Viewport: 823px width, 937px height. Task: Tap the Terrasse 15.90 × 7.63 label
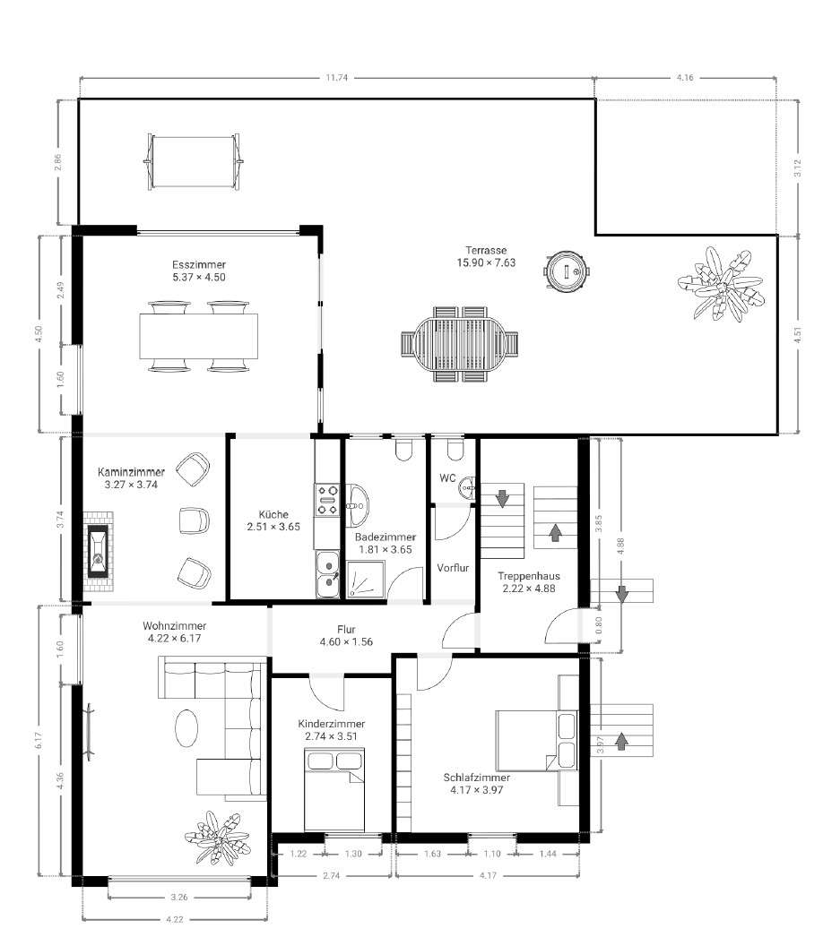coord(486,256)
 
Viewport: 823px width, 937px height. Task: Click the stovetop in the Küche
coord(327,500)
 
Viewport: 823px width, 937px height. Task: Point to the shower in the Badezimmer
coord(366,580)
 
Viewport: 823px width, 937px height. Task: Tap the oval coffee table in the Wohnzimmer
coord(186,727)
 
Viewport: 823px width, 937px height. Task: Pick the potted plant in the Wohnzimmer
coord(217,838)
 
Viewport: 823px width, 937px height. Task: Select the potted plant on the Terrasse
coord(720,285)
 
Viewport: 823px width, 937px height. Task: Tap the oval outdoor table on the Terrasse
coord(459,345)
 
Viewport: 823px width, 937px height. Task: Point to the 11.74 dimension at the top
coord(337,78)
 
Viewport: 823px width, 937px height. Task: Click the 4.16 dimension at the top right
coord(685,78)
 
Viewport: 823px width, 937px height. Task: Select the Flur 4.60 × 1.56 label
coord(346,636)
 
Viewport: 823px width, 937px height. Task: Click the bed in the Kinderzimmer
coord(334,789)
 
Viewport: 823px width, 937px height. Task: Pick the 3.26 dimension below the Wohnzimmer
coord(178,897)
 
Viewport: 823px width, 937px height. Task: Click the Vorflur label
coord(453,568)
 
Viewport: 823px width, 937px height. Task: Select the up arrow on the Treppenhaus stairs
coord(555,532)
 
